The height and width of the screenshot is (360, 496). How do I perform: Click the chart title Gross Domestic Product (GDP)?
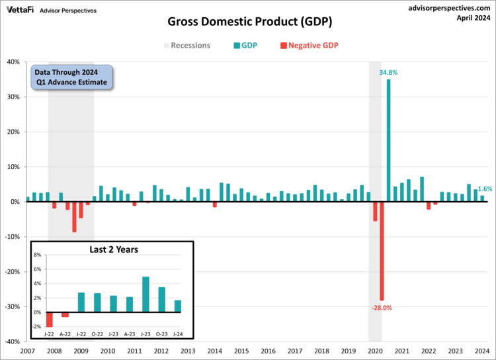click(x=249, y=22)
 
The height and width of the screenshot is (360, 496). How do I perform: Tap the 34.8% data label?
click(x=388, y=72)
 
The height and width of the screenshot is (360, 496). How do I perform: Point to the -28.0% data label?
click(x=382, y=308)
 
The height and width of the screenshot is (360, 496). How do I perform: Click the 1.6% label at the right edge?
click(x=485, y=189)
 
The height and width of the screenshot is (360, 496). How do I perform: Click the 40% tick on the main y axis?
click(x=13, y=62)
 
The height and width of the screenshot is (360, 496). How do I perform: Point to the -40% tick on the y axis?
click(x=11, y=342)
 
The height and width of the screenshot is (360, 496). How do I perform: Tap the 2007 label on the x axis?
click(x=28, y=351)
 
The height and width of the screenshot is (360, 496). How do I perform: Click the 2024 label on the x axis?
click(x=482, y=351)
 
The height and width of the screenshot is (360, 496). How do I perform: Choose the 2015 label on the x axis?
click(x=241, y=351)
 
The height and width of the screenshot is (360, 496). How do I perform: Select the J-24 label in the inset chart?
click(x=178, y=334)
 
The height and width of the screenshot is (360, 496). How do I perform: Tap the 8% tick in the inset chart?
click(x=37, y=255)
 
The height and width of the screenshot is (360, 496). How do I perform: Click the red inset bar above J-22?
click(x=50, y=320)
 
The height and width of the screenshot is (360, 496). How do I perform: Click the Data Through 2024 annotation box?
click(x=72, y=77)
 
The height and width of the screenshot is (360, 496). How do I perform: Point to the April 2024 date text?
click(x=473, y=19)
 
